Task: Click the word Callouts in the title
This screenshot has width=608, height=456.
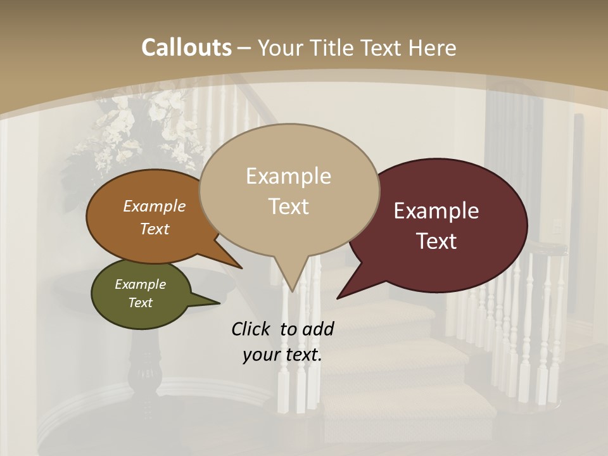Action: coord(186,47)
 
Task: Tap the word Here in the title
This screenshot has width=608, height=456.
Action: coord(433,47)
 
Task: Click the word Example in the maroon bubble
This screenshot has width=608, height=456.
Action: coord(436,211)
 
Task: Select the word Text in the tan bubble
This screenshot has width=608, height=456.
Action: coord(289,206)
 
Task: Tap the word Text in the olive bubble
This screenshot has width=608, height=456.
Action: coord(141,303)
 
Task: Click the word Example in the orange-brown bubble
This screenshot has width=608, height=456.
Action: coord(155,206)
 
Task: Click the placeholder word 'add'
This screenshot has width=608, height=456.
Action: coord(317,329)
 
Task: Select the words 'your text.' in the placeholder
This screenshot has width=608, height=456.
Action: coord(282,355)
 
